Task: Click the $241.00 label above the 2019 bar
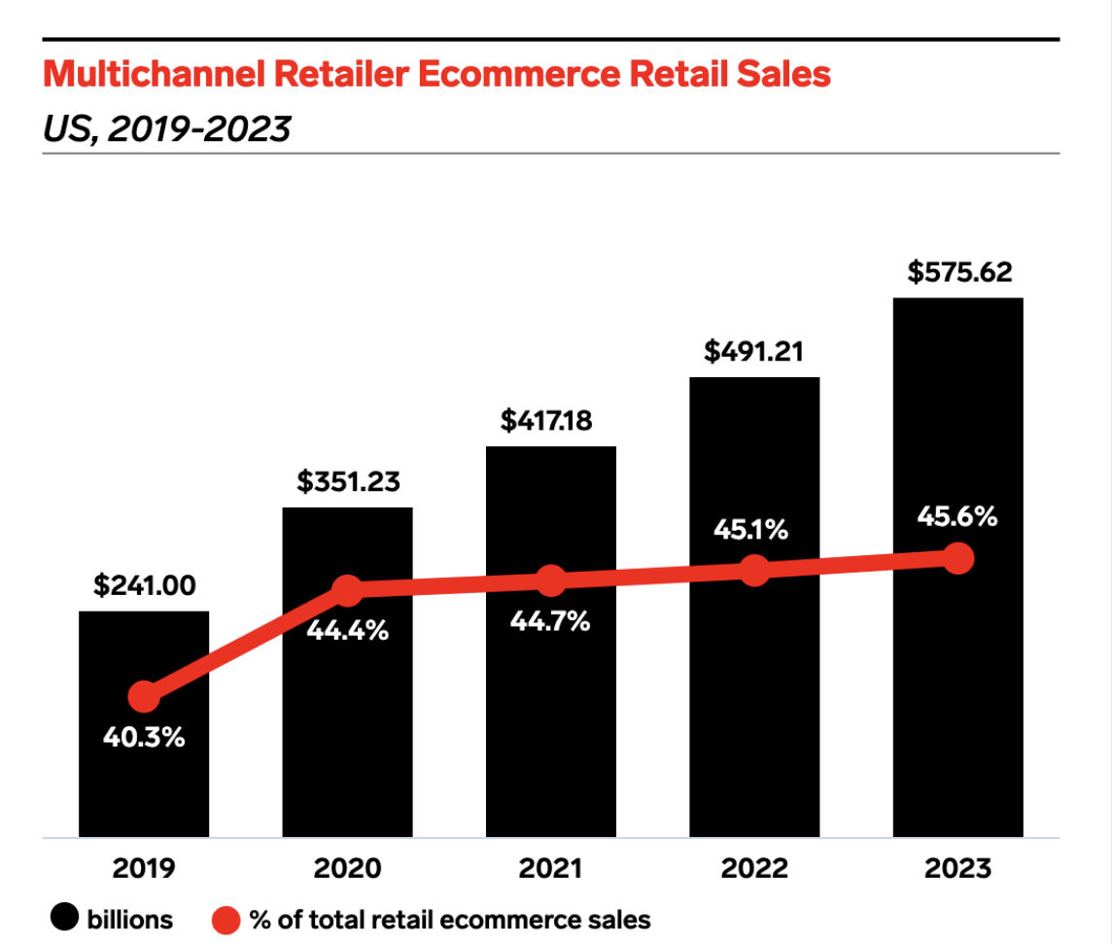coord(144,586)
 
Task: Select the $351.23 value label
coord(348,482)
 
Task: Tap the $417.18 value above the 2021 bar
coord(551,421)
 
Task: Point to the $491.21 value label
coord(754,351)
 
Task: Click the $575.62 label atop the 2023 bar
coord(957,272)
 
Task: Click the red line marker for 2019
coord(144,696)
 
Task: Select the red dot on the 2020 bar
coord(348,589)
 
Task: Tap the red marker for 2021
coord(551,580)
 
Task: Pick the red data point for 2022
coord(754,570)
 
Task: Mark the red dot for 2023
coord(958,559)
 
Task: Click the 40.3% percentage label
coord(144,738)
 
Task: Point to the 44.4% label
coord(348,631)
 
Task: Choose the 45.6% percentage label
coord(957,517)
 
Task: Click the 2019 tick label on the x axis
coord(144,868)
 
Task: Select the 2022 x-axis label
coord(754,868)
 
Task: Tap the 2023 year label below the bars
coord(957,868)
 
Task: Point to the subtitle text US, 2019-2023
coord(166,127)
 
